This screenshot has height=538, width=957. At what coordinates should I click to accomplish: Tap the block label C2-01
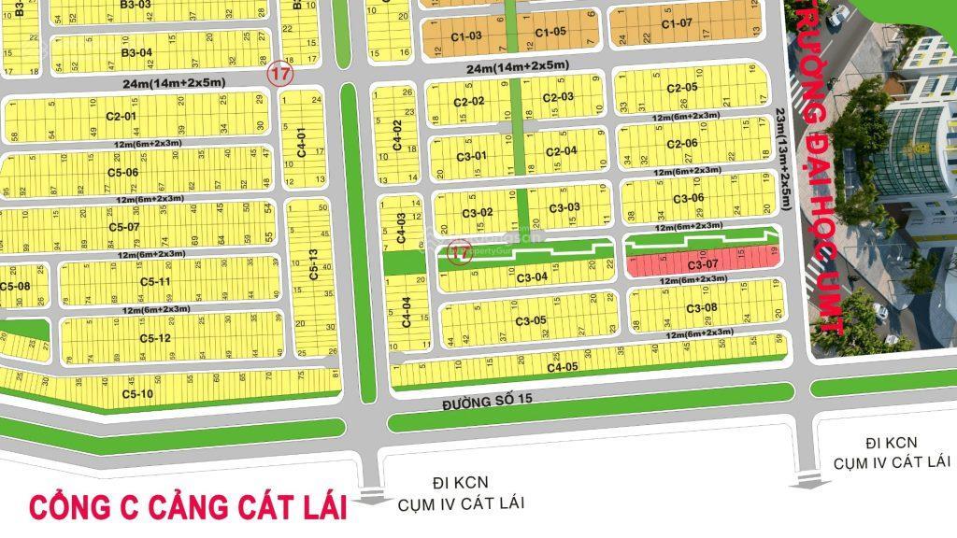(121, 117)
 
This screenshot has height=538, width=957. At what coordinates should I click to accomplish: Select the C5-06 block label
(122, 172)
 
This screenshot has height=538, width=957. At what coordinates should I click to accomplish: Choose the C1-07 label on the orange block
(677, 23)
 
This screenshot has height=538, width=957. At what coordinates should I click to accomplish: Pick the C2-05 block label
(682, 88)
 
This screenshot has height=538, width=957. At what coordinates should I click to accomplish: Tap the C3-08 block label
(701, 308)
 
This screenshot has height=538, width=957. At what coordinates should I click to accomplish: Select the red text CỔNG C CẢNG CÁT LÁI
(188, 507)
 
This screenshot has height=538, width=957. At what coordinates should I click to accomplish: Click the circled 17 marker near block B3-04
(278, 73)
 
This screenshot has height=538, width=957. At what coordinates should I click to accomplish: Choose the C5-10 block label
(136, 394)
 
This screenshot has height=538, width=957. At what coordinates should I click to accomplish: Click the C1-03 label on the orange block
(466, 35)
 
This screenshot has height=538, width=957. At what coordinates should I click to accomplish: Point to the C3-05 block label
(530, 321)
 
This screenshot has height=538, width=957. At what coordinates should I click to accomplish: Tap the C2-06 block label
(682, 144)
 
